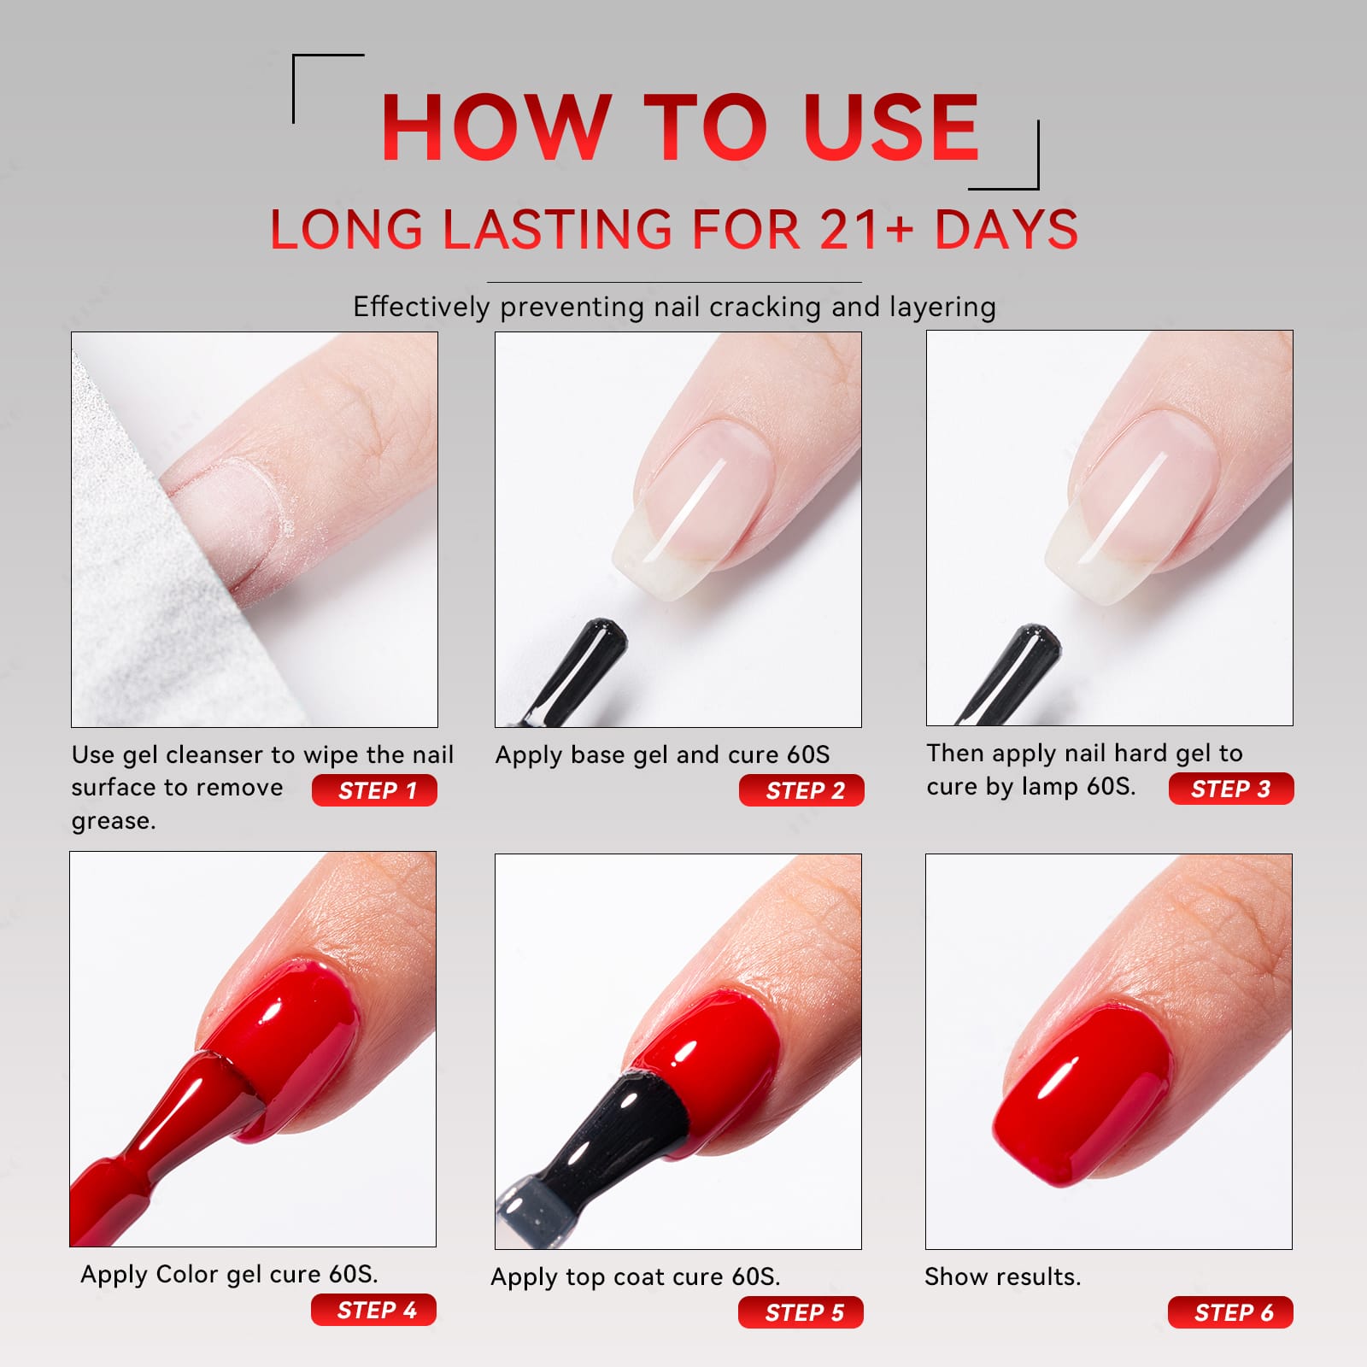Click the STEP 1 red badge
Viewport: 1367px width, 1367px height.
(x=374, y=790)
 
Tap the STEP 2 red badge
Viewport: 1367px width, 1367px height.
(x=801, y=790)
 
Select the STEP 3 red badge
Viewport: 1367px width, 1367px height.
(x=1231, y=789)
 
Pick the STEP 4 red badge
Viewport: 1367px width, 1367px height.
(x=373, y=1310)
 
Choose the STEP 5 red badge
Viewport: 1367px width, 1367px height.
(x=801, y=1312)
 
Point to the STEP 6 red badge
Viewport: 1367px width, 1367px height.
(x=1230, y=1312)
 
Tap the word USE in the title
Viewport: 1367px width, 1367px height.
(x=891, y=127)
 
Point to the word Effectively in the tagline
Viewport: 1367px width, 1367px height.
(x=421, y=307)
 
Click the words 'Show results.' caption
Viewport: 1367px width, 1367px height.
(x=1003, y=1276)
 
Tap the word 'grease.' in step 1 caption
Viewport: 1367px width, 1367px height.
(x=114, y=821)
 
